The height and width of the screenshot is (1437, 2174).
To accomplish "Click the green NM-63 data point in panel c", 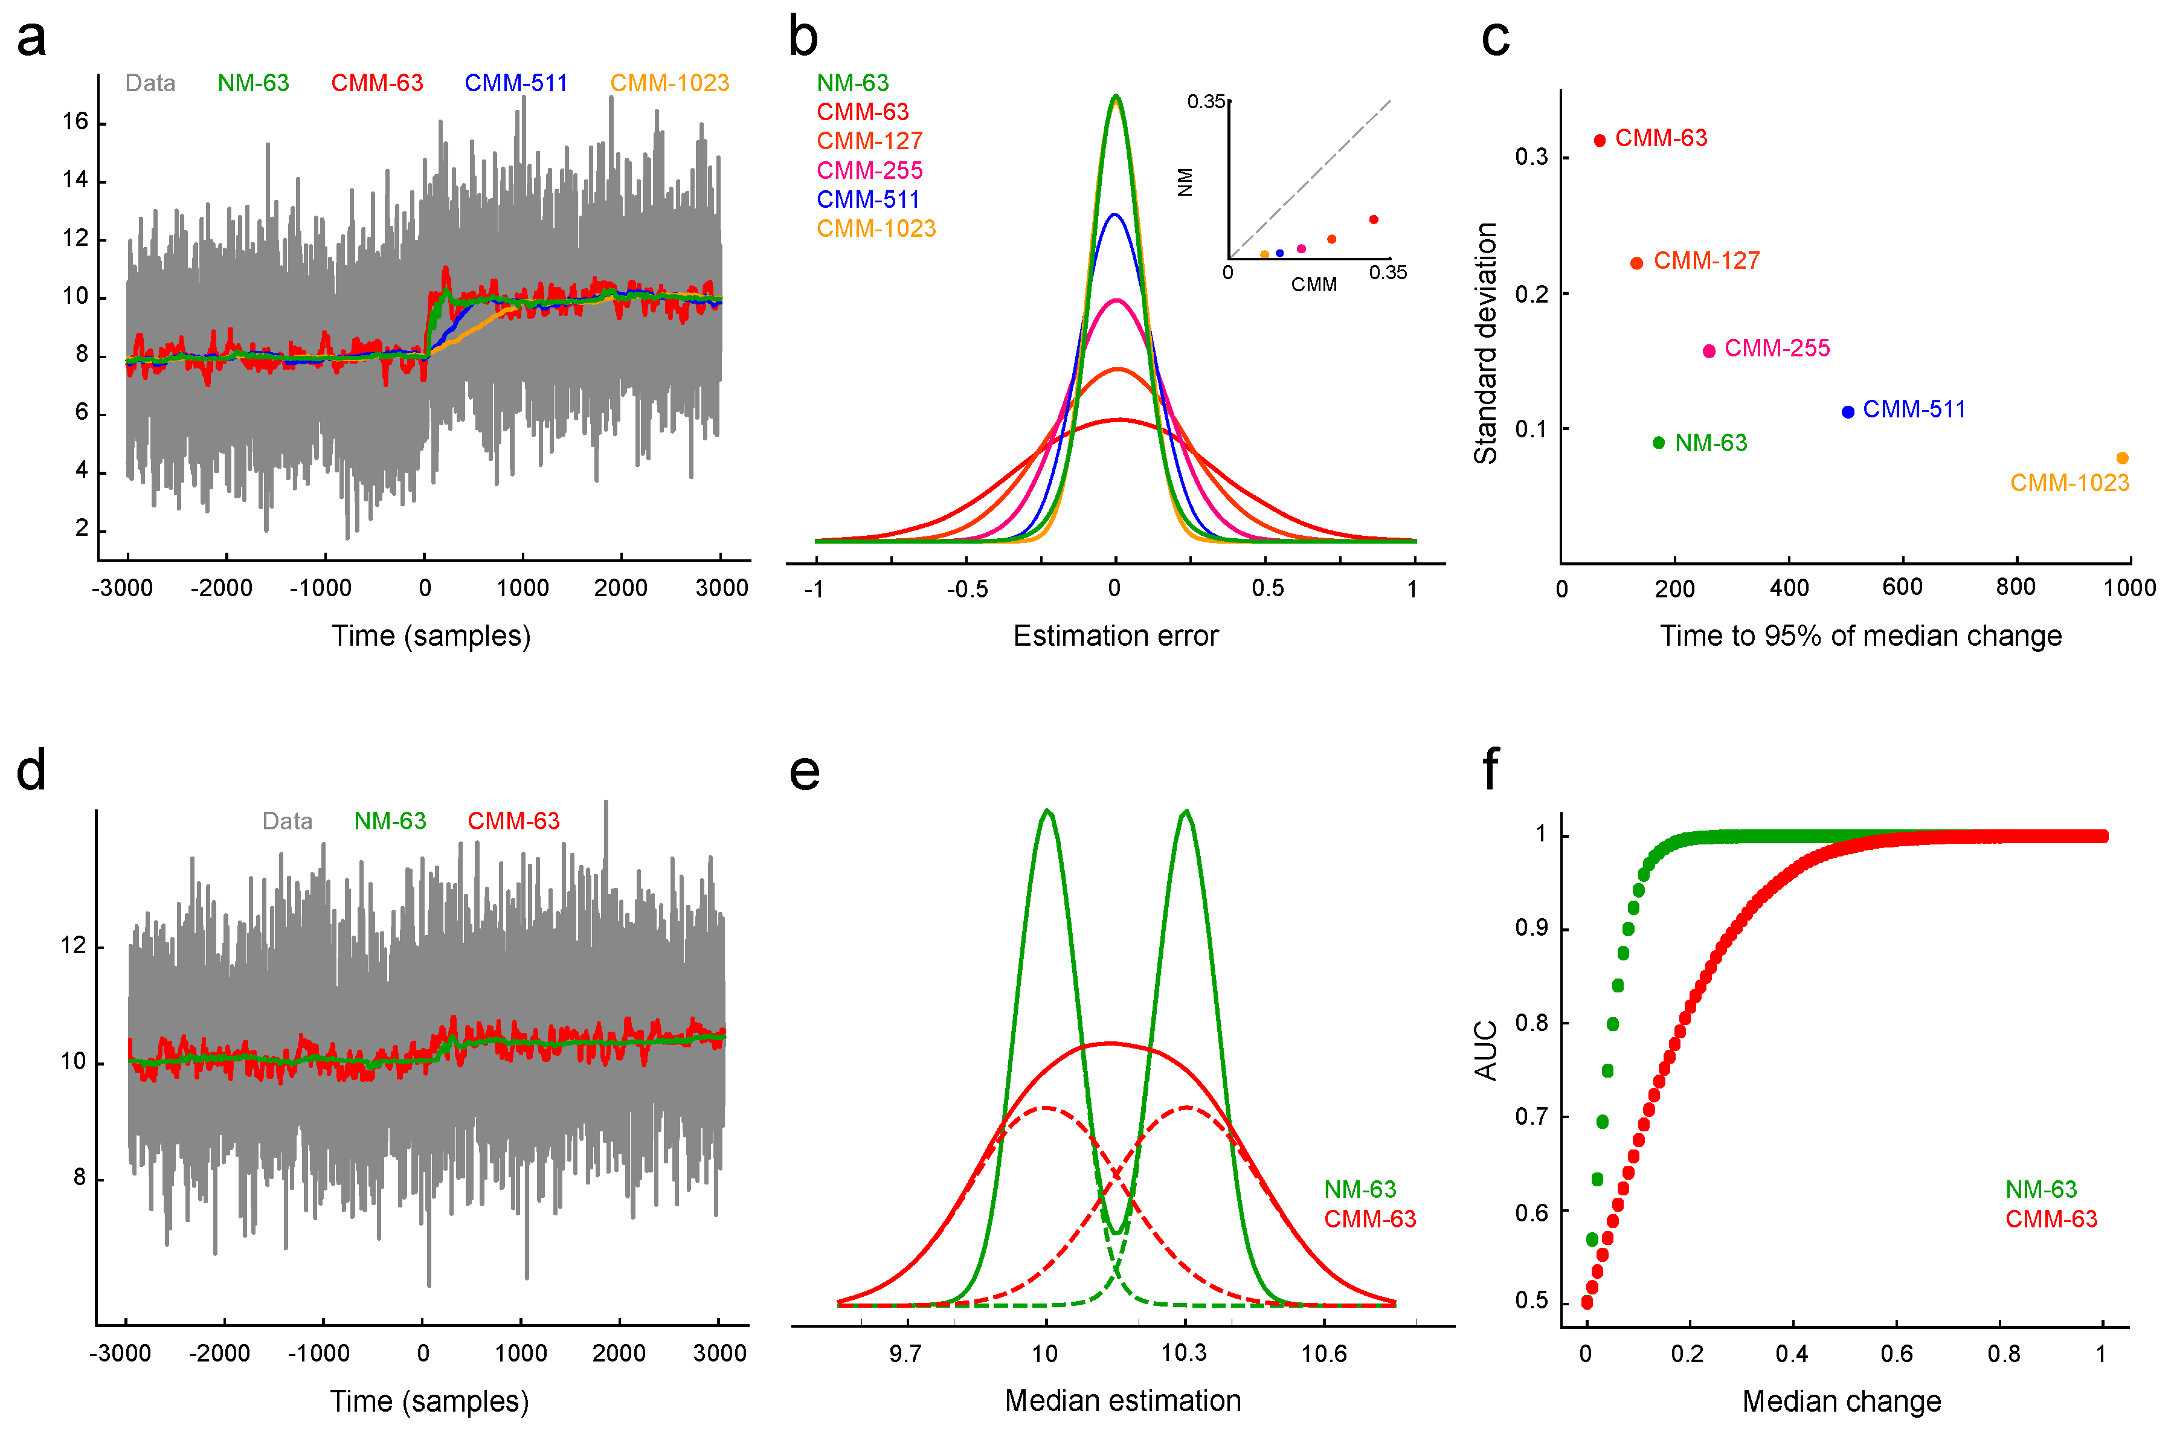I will click(x=1658, y=443).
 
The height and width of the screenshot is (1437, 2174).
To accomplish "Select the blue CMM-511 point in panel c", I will click(x=1848, y=411).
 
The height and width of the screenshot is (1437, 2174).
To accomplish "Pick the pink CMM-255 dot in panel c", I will click(x=1708, y=351).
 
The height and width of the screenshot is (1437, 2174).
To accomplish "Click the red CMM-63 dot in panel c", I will click(x=1600, y=140).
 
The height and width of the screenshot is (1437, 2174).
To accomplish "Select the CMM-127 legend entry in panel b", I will click(x=869, y=141).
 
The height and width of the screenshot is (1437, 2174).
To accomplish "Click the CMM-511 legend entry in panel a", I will click(x=515, y=83).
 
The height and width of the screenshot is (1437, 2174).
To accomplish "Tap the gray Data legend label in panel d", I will click(x=287, y=821).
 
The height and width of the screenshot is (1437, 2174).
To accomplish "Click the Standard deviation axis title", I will click(x=1485, y=344).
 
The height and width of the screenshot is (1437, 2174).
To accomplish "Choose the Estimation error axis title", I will click(x=1116, y=636).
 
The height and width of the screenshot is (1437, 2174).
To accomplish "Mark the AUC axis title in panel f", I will click(x=1485, y=1050).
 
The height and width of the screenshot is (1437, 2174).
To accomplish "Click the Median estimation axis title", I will click(x=1123, y=1401).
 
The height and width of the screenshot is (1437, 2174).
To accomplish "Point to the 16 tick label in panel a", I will click(x=75, y=122).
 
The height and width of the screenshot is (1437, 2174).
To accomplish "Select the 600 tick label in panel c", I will click(x=1902, y=588).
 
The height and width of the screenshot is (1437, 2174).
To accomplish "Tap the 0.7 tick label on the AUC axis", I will click(x=1531, y=1116).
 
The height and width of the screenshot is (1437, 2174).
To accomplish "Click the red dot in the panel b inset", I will click(x=1373, y=220).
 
